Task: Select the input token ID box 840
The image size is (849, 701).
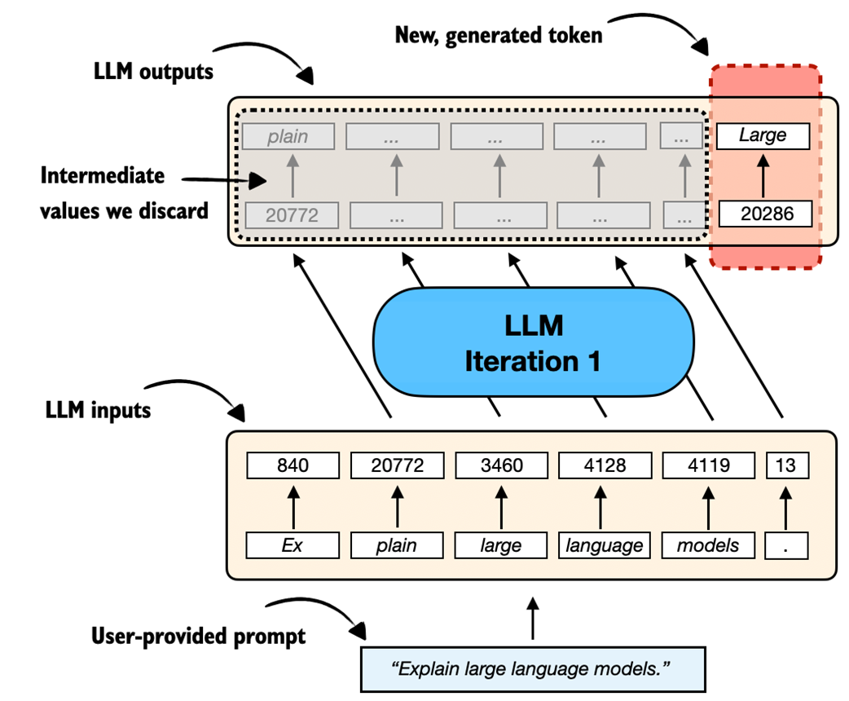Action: pos(293,466)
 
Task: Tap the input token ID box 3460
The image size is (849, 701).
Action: pos(500,466)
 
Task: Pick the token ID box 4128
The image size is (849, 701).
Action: pos(604,466)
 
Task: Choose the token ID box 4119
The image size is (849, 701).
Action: pos(708,466)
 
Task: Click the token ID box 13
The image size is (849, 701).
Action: pos(786,466)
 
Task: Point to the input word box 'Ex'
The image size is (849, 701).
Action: pos(293,545)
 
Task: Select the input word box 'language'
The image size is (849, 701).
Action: pos(604,545)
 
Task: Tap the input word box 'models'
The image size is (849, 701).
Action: pos(708,545)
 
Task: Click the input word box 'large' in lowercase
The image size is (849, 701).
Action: pos(500,545)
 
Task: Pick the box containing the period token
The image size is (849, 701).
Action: pos(786,545)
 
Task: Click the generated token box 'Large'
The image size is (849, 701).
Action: pos(763,136)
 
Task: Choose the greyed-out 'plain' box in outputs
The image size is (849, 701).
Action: pos(288,136)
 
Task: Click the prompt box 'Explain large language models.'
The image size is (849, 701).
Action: pos(531,670)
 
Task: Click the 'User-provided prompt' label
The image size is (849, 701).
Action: pos(199,635)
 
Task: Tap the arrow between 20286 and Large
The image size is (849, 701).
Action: pos(763,175)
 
